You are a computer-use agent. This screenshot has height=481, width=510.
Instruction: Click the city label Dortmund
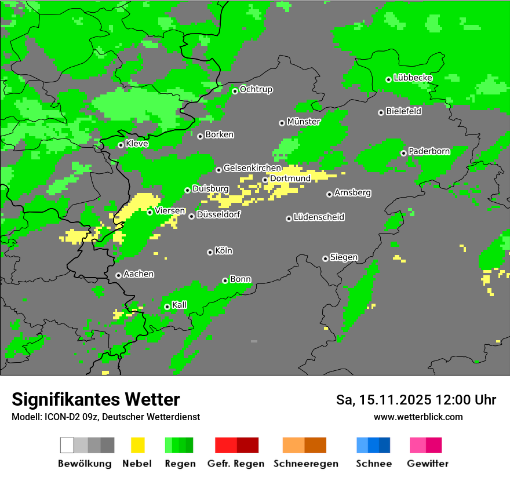290,178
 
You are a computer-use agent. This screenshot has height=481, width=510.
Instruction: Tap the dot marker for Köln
210,252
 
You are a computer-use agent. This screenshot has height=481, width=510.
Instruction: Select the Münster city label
304,122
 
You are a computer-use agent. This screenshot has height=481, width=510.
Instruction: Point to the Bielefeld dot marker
381,112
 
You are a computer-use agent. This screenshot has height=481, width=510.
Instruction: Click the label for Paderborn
429,152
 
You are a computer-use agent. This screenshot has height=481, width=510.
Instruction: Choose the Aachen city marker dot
118,275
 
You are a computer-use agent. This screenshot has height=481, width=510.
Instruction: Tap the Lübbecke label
413,78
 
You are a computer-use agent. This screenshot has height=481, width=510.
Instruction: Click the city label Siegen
344,257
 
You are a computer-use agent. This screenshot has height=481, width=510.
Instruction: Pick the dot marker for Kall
167,307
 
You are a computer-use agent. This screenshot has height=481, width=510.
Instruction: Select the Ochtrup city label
256,90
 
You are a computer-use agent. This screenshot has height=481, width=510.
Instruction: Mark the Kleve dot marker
121,145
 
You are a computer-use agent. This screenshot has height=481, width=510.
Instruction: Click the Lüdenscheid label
319,217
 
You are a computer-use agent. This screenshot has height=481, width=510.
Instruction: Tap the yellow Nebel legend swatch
137,445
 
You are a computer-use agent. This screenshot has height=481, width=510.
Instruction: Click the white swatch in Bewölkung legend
67,445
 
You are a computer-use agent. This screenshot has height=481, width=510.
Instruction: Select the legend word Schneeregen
305,464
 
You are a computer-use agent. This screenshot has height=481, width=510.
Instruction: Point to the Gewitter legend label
428,464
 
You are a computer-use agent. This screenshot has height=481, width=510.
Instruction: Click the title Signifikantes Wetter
96,399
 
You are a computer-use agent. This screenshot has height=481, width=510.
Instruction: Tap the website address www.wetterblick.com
418,417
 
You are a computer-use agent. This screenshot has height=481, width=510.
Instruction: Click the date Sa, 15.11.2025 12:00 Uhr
416,400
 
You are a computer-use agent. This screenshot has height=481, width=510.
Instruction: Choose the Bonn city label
241,279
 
